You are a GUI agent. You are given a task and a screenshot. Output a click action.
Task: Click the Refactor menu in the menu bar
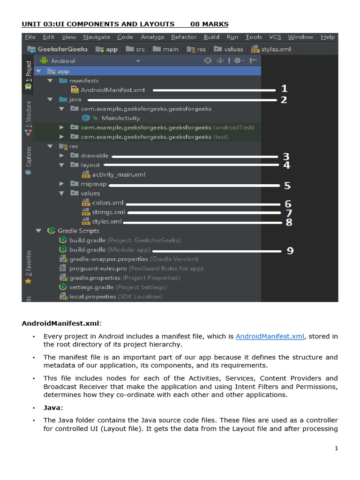pyautogui.click(x=184, y=37)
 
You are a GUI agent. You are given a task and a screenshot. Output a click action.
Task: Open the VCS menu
pyautogui.click(x=275, y=37)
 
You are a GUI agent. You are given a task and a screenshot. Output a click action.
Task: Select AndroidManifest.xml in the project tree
pyautogui.click(x=112, y=90)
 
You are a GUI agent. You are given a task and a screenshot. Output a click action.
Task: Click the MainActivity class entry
pyautogui.click(x=120, y=118)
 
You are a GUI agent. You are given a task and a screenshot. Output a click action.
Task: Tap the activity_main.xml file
pyautogui.click(x=119, y=174)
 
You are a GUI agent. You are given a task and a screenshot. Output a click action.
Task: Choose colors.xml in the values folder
pyautogui.click(x=108, y=202)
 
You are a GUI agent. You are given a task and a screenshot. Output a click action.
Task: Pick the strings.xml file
pyautogui.click(x=109, y=212)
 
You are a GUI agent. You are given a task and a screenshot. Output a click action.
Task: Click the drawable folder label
pyautogui.click(x=94, y=156)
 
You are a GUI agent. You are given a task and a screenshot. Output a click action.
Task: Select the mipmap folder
pyautogui.click(x=93, y=184)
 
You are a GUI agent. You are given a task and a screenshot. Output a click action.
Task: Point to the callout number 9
pyautogui.click(x=290, y=251)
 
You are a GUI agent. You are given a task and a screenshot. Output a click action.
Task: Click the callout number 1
pyautogui.click(x=284, y=89)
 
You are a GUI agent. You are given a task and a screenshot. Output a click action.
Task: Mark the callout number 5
pyautogui.click(x=287, y=186)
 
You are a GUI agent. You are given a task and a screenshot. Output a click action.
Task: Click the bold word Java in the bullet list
pyautogui.click(x=52, y=408)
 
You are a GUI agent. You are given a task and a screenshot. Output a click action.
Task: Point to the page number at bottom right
pyautogui.click(x=336, y=449)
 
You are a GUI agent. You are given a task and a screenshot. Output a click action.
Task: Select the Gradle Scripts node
pyautogui.click(x=78, y=231)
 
